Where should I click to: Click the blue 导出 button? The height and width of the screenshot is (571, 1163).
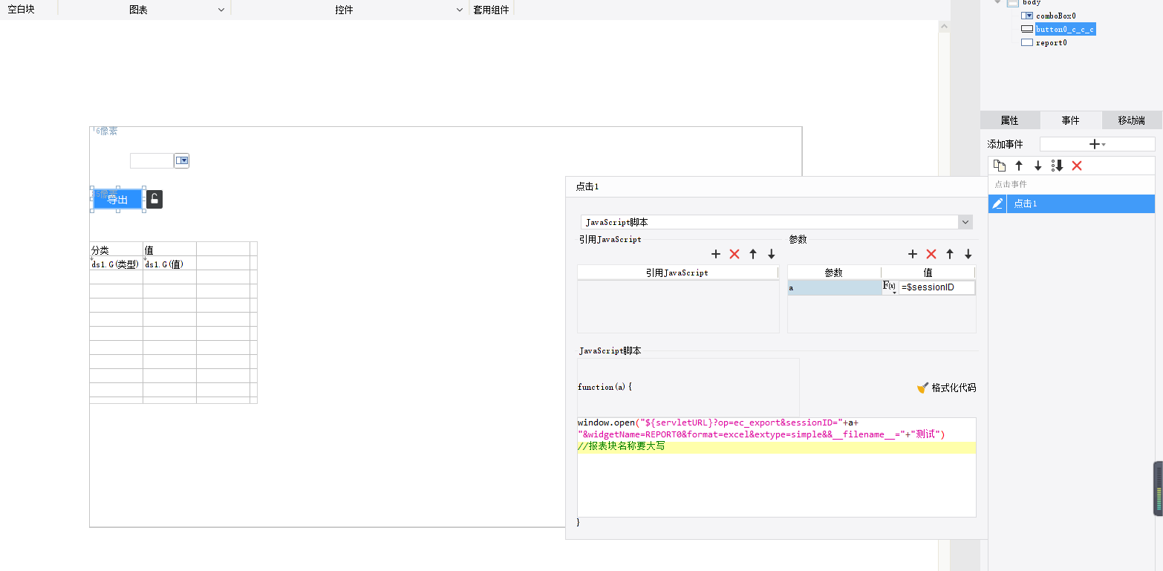(x=117, y=199)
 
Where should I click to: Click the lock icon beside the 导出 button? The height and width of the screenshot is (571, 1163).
(x=154, y=199)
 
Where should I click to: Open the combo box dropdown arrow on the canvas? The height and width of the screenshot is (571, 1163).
(x=182, y=160)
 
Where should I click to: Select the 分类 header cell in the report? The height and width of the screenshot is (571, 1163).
(x=116, y=250)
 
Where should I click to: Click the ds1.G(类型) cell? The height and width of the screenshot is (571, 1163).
(x=116, y=264)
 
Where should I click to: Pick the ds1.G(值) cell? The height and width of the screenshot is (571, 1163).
(x=169, y=264)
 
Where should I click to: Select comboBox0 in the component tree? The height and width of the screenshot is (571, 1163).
(x=1055, y=16)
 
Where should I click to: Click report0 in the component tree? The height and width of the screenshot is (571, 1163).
(x=1051, y=42)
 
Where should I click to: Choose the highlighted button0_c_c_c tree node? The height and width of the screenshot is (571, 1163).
(x=1065, y=29)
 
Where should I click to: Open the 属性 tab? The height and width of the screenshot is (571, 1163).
(x=1009, y=120)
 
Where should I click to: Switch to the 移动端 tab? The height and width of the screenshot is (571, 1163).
(x=1130, y=120)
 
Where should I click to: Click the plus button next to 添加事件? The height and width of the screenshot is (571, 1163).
(x=1096, y=144)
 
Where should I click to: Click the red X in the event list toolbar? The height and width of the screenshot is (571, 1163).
(x=1077, y=166)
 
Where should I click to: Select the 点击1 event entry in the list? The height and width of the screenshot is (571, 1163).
(x=1026, y=203)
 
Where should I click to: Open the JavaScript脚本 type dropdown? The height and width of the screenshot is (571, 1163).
(x=776, y=222)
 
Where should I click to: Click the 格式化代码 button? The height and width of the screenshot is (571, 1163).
(x=946, y=388)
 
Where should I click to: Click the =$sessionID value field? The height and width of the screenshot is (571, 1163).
(x=936, y=287)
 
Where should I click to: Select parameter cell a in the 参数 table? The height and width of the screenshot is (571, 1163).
(x=834, y=287)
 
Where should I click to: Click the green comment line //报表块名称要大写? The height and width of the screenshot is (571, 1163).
(x=621, y=447)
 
